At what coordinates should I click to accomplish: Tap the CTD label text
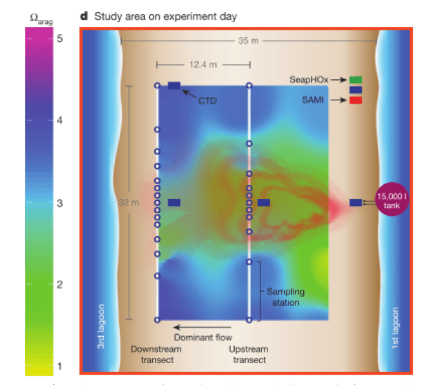tap(206, 101)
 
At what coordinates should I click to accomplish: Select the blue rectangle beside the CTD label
tap(174, 86)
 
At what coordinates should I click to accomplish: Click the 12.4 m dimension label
tap(202, 64)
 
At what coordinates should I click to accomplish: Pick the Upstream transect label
tap(248, 354)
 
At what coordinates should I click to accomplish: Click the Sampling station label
tap(286, 297)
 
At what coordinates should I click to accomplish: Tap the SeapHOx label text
tap(309, 79)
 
